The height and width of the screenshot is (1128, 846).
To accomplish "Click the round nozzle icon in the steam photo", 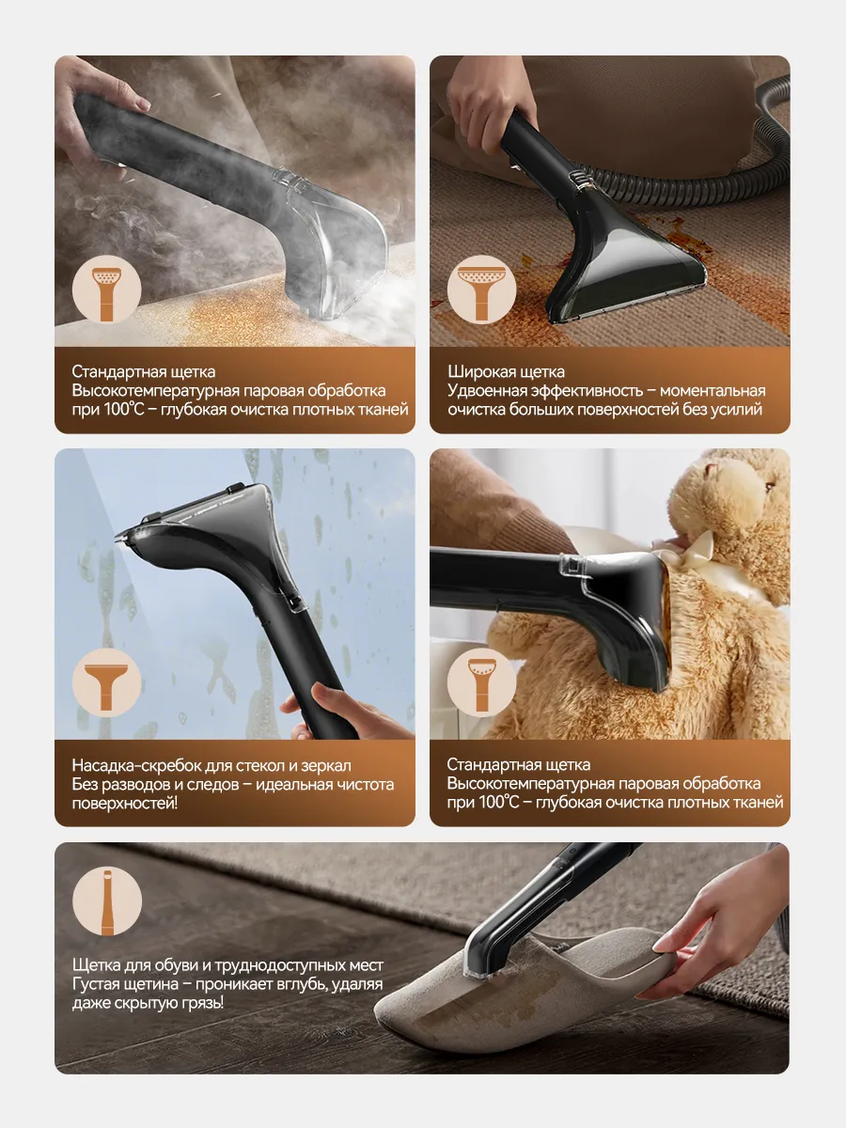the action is point(107,290).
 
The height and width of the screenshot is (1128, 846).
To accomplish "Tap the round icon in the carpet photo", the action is point(481,290).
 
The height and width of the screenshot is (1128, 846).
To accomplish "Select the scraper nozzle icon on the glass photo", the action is point(107,682).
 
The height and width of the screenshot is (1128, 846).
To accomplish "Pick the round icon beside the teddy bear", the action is point(481,682).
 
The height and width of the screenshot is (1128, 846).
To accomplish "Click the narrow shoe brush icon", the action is point(107,901).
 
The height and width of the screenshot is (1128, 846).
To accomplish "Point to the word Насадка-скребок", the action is point(136,765).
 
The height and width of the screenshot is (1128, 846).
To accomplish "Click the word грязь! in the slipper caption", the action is point(202,1003).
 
